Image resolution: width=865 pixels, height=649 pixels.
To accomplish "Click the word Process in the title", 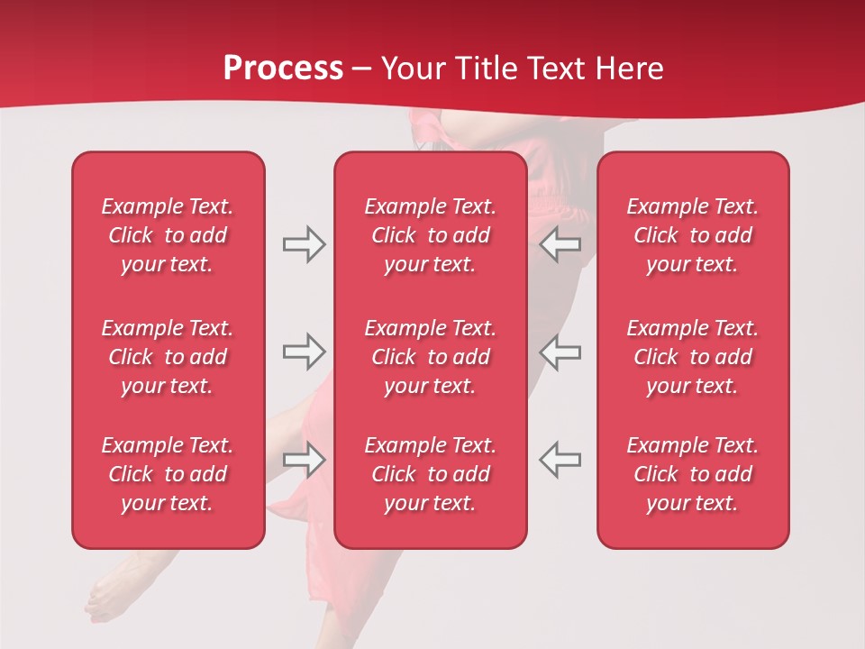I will click(283, 69).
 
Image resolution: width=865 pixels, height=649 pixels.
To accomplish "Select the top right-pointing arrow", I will click(305, 244).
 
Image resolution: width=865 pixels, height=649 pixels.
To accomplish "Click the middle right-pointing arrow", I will click(305, 352).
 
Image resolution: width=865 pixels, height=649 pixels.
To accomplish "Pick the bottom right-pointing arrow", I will click(305, 459).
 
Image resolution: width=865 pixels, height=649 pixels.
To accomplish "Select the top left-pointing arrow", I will click(560, 244).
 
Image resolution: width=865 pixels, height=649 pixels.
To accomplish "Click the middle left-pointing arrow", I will click(560, 352).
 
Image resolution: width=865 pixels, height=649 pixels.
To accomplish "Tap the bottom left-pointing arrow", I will click(560, 459).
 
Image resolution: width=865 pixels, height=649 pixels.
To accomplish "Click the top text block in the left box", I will click(168, 235).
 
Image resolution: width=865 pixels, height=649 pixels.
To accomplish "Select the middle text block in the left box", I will click(168, 357).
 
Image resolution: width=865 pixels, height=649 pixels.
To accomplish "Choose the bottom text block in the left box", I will click(168, 474).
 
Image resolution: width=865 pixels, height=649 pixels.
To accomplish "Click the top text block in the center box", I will click(430, 235).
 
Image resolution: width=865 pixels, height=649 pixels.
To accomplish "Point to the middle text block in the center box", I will click(430, 357).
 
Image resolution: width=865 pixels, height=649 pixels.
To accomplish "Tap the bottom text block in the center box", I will click(430, 474).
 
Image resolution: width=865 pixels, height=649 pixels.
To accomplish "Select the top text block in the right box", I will click(692, 235).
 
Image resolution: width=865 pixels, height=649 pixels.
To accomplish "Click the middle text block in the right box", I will click(692, 357).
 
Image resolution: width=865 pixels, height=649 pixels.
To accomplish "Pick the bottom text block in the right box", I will click(692, 474).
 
